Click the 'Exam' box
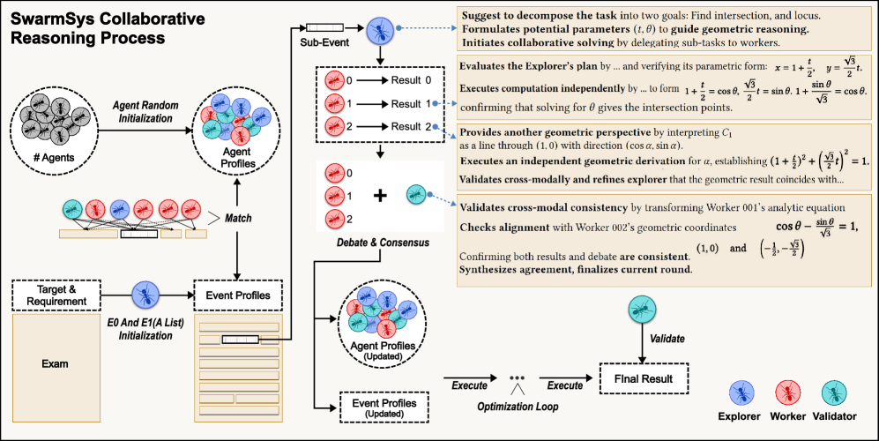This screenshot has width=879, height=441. click(55, 363)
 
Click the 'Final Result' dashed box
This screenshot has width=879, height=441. click(642, 379)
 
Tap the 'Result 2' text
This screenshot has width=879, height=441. click(412, 127)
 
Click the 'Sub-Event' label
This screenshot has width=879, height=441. click(315, 41)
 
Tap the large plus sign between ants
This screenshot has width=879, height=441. click(380, 196)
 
